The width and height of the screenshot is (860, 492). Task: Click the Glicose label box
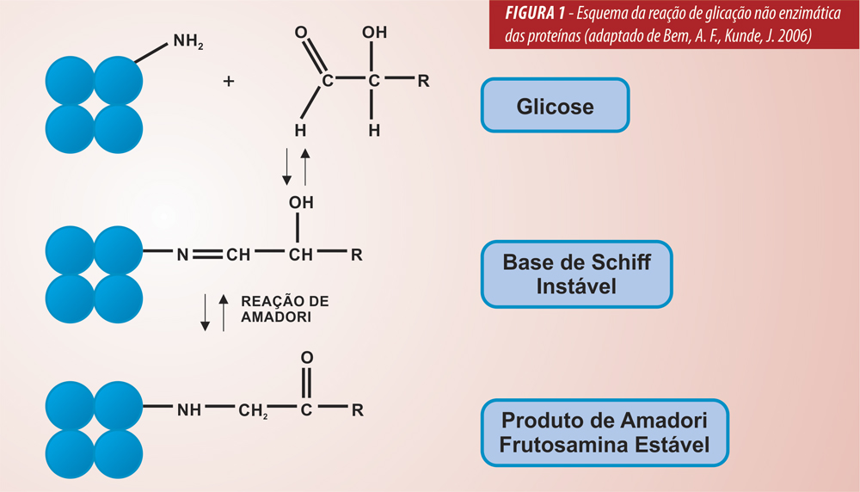coord(555,107)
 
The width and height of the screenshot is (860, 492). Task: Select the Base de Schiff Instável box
coord(576,274)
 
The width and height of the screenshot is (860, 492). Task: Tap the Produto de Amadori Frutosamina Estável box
coord(605,433)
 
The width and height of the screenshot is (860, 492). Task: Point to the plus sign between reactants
coord(229,82)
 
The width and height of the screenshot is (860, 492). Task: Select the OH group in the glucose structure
coord(374,33)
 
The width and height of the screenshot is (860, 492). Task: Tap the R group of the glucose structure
coord(422,82)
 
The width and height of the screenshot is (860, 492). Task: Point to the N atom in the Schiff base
coord(182,255)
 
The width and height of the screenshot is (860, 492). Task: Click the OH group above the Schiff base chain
coord(301,203)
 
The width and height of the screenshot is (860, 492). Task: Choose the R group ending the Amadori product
coord(357,409)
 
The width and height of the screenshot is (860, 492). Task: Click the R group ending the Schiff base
coord(356,255)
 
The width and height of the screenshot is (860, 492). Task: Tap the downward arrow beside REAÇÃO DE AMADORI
coord(206,314)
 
